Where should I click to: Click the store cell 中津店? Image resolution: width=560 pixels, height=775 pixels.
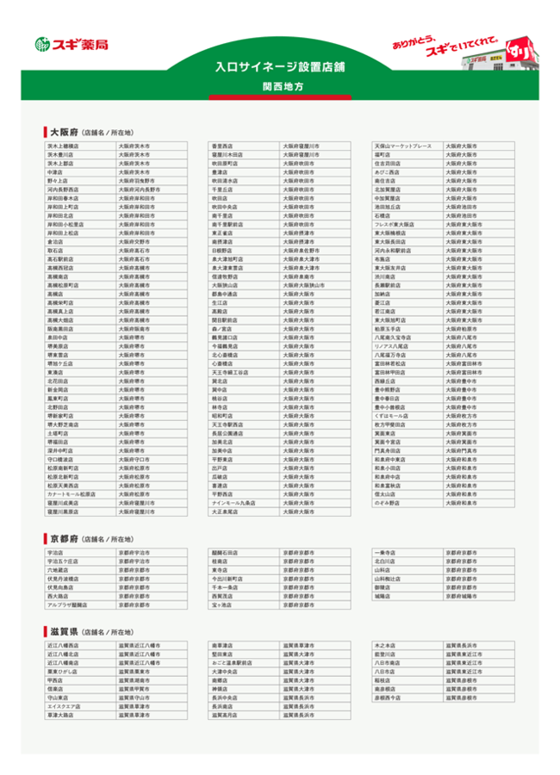[57, 172]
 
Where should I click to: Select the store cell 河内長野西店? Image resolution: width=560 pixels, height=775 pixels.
[64, 189]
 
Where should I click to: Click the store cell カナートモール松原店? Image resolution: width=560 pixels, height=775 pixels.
[72, 495]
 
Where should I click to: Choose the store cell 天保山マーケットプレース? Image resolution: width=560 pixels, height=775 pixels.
[401, 146]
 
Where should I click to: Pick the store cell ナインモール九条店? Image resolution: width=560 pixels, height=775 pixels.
[234, 502]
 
